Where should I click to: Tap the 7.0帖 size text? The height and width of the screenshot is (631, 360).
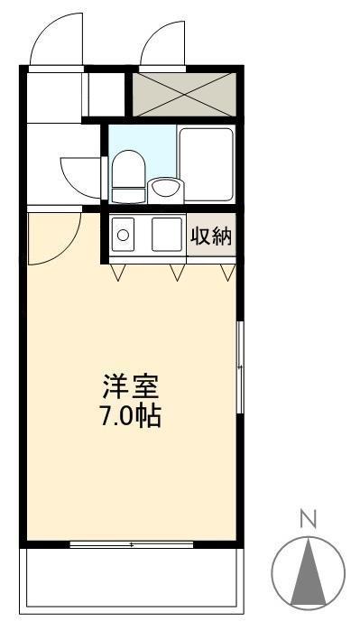click(128, 417)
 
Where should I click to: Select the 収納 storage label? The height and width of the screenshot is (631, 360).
click(211, 237)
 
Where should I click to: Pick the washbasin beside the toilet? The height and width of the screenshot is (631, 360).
click(165, 188)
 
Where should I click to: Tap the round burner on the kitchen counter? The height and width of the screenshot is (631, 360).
click(123, 237)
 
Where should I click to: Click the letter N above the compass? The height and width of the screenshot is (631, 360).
click(308, 518)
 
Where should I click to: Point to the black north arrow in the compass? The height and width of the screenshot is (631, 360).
click(308, 568)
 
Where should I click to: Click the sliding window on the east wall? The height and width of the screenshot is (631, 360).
click(240, 366)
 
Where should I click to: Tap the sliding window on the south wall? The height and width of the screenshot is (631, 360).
click(132, 545)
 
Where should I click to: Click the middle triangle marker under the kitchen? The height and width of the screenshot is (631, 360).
click(176, 272)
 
